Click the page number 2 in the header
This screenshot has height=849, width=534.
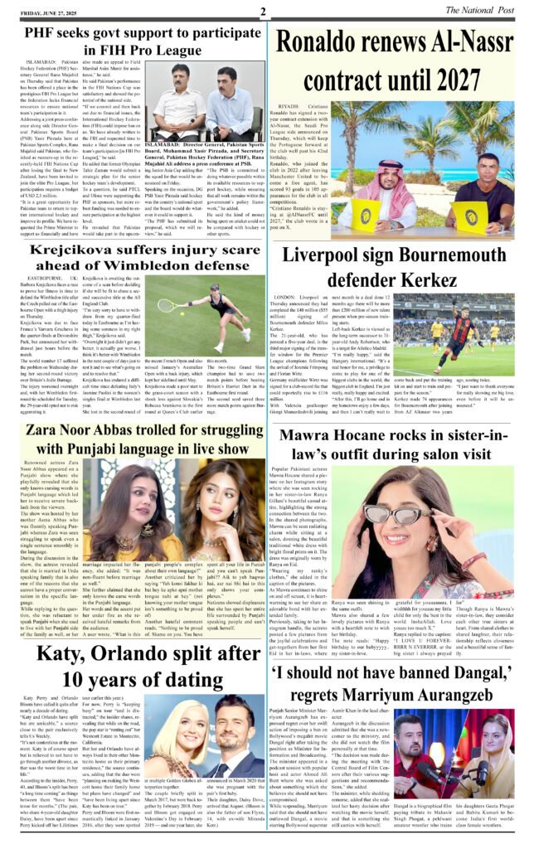pyautogui.click(x=262, y=12)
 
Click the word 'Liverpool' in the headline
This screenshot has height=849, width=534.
pyautogui.click(x=333, y=256)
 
